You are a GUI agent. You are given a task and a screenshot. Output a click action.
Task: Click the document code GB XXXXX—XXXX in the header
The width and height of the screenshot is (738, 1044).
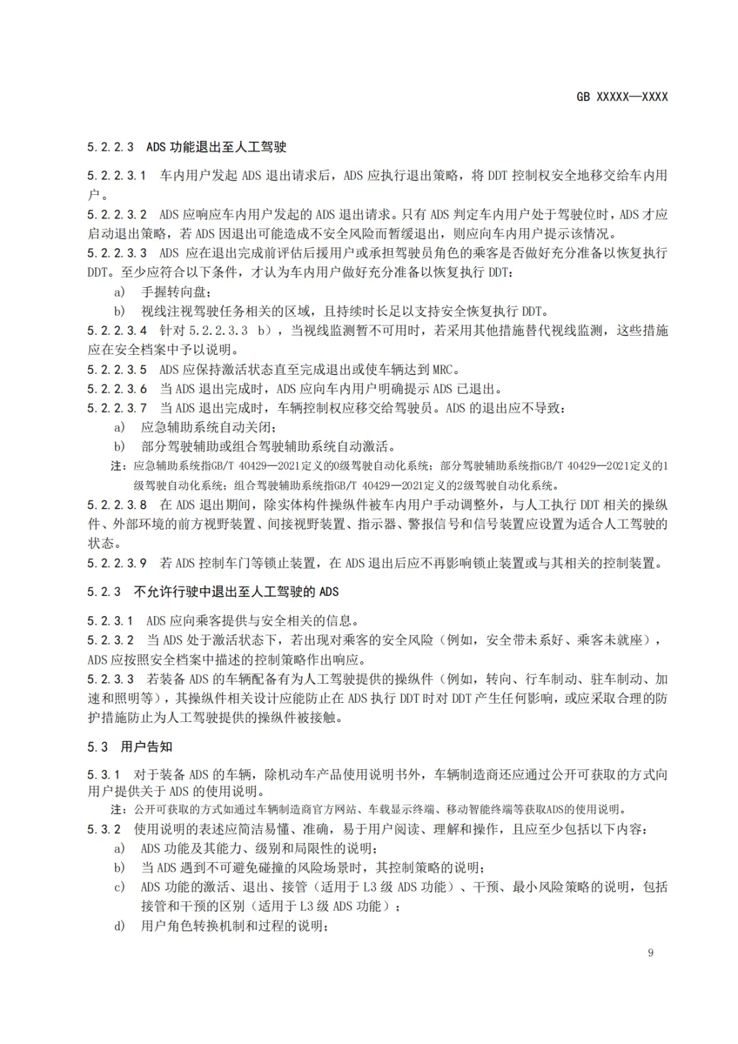tap(622, 97)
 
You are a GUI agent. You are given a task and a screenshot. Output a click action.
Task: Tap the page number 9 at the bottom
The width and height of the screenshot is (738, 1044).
tap(651, 952)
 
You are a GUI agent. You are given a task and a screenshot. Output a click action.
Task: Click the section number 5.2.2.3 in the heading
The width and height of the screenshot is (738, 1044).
tap(111, 147)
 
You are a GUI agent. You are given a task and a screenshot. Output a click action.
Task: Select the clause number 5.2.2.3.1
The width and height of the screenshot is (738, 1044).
tap(117, 176)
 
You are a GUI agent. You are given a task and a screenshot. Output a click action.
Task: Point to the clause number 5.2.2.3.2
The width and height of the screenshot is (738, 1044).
tap(117, 215)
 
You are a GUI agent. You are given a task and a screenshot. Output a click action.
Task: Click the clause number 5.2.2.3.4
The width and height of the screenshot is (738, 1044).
tap(117, 331)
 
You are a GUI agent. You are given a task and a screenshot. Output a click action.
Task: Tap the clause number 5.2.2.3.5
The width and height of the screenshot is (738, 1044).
tap(117, 370)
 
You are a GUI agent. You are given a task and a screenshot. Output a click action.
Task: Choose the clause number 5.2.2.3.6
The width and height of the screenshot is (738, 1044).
tap(117, 389)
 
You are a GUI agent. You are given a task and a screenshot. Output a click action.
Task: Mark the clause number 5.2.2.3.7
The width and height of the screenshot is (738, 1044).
tap(117, 408)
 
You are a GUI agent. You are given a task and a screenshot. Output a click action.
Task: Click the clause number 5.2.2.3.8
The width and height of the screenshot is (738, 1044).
tap(117, 505)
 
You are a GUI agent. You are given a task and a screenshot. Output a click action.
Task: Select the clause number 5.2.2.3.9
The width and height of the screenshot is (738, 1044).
tap(117, 563)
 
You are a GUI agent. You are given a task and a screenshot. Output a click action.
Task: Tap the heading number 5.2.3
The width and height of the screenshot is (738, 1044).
tap(104, 592)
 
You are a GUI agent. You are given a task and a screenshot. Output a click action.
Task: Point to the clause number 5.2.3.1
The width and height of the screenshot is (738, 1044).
tap(111, 621)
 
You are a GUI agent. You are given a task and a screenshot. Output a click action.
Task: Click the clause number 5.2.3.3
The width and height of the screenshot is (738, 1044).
tap(111, 680)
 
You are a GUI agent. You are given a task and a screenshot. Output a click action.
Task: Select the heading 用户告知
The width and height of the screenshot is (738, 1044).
tap(146, 747)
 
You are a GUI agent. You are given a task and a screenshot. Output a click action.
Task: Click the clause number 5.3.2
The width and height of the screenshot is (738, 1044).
tap(104, 829)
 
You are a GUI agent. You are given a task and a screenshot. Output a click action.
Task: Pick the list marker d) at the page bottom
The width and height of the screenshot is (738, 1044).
tap(120, 926)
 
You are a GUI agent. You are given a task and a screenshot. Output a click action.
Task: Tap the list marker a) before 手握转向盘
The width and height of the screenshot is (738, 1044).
tap(120, 292)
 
